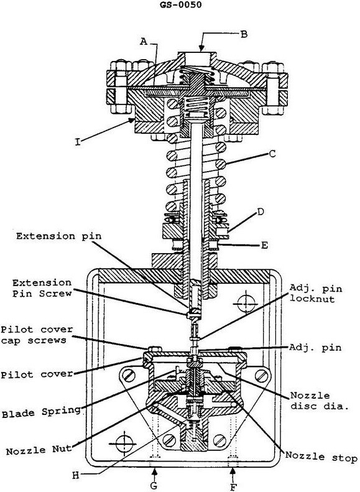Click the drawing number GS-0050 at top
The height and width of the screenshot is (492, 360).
click(180, 5)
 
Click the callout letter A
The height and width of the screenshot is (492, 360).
click(144, 41)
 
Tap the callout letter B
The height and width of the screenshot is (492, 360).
click(244, 34)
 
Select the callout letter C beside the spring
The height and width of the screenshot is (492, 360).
click(272, 154)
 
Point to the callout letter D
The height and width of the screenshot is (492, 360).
click(261, 211)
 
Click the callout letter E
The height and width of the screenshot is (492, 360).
click(264, 245)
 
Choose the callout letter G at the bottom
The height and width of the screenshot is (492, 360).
click(154, 485)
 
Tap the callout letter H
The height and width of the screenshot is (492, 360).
click(76, 475)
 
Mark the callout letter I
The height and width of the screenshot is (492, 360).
click(78, 142)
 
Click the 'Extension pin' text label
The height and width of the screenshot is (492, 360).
click(59, 236)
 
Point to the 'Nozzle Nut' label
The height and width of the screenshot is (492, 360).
click(39, 450)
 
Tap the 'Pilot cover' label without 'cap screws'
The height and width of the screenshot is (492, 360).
click(37, 374)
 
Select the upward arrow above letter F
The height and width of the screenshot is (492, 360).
click(233, 474)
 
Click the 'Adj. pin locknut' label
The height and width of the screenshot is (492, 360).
click(315, 294)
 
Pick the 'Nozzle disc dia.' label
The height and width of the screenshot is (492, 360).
click(319, 401)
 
